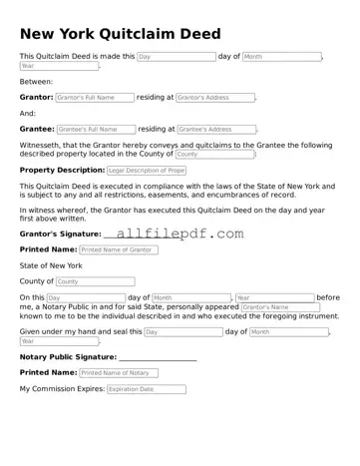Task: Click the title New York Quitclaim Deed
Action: click(x=121, y=34)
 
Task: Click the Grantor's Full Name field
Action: click(x=95, y=98)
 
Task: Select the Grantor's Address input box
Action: click(x=214, y=98)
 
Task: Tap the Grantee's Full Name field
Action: click(x=95, y=129)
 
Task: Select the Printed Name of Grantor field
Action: click(x=118, y=249)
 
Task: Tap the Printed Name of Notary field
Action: click(x=118, y=372)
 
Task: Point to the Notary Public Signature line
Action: click(x=157, y=357)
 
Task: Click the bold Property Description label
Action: click(x=62, y=171)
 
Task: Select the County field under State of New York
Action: click(x=81, y=282)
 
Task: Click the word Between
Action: click(x=36, y=82)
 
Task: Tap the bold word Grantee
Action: click(x=37, y=129)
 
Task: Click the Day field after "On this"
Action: click(x=85, y=298)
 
